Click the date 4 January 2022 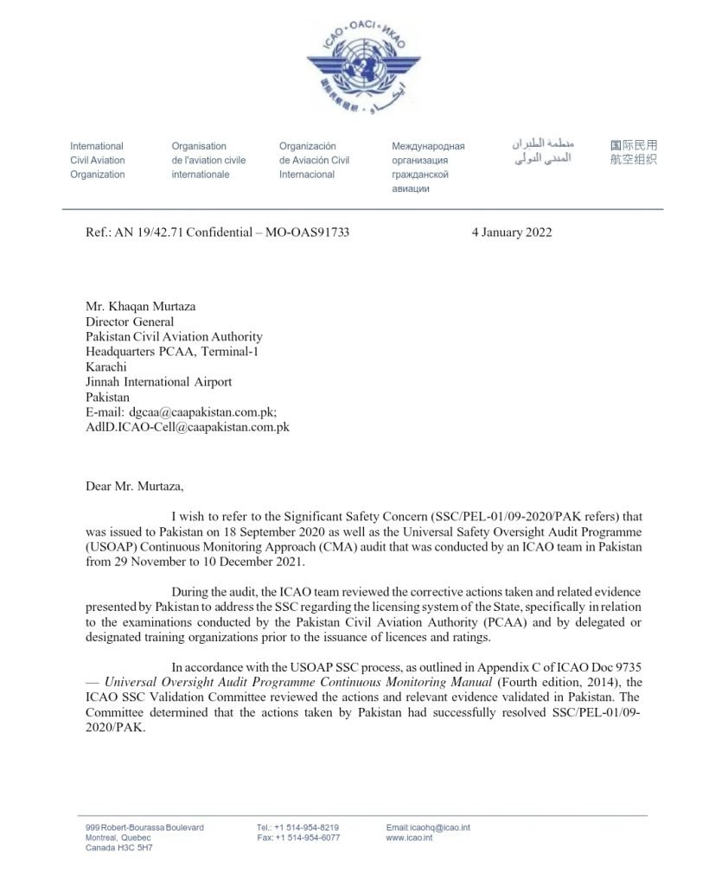511,232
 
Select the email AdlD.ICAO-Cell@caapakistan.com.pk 187,427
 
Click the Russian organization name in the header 428,168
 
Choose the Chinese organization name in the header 633,153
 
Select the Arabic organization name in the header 542,152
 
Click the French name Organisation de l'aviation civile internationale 208,160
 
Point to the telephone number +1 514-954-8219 307,827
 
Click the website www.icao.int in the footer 409,837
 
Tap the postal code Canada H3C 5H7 119,848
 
